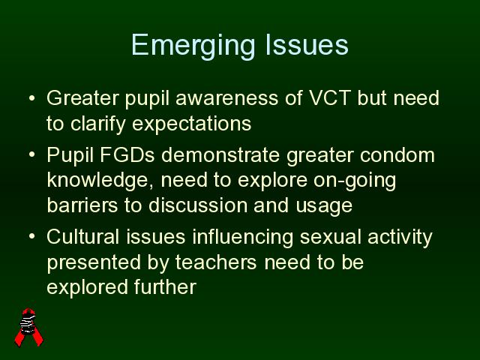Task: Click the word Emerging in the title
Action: [193, 46]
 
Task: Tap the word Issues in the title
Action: [307, 45]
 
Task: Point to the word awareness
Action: [226, 98]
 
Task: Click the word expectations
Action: [192, 124]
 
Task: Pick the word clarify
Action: [98, 124]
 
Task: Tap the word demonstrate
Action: [220, 155]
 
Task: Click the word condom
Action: [397, 155]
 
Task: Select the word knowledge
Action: [100, 180]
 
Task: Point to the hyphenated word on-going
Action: [355, 181]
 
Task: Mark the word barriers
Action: [82, 205]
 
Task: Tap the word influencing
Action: [243, 237]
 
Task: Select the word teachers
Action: [216, 262]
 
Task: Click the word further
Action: [165, 286]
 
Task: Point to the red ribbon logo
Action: [28, 327]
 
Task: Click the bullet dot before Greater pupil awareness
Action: [31, 98]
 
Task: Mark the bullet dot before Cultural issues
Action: [31, 236]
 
